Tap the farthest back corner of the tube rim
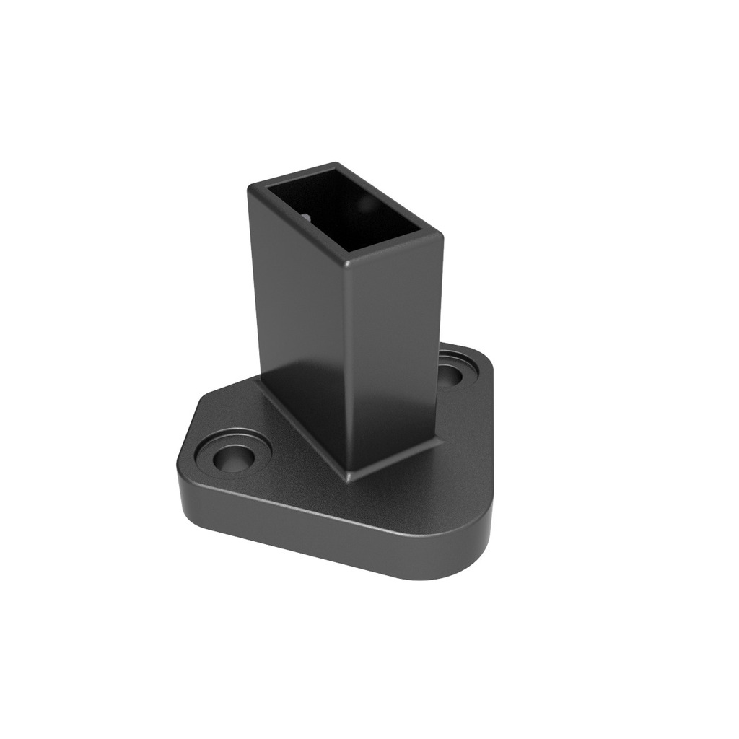click(x=336, y=165)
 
